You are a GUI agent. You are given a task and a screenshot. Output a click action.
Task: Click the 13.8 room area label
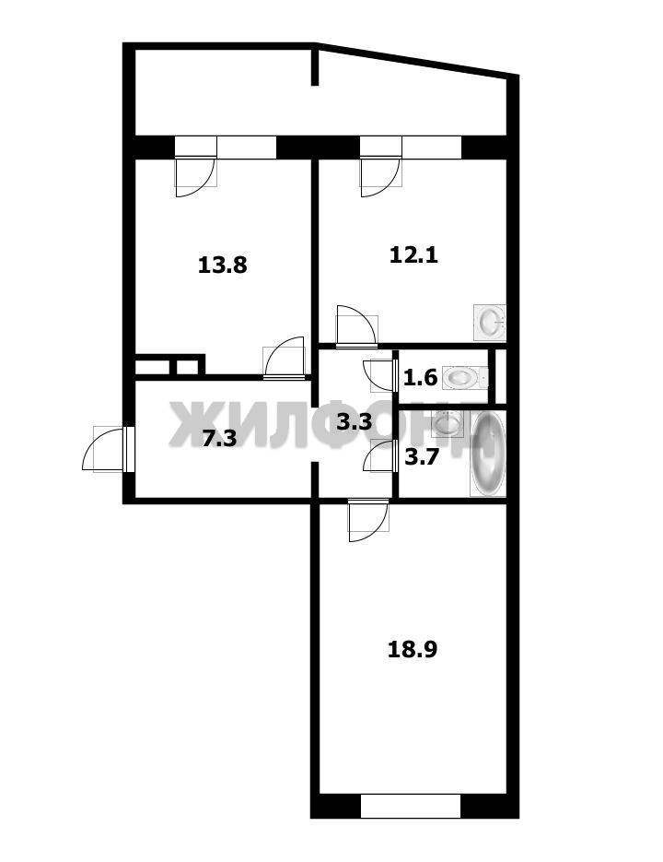(223, 266)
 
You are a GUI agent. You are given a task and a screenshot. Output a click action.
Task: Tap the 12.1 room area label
(413, 255)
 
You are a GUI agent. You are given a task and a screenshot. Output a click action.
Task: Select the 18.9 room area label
(413, 649)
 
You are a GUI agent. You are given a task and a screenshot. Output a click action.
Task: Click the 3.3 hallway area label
(355, 422)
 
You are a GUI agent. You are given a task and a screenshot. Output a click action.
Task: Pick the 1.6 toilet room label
(420, 378)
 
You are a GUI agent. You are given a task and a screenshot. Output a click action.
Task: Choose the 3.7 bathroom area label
(421, 457)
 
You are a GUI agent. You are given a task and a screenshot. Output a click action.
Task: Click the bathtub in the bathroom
(488, 455)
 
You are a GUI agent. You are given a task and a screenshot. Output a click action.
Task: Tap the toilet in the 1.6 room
(465, 378)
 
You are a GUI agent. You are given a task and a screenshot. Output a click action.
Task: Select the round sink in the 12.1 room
(489, 322)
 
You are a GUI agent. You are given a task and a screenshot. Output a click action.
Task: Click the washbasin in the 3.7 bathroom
(448, 423)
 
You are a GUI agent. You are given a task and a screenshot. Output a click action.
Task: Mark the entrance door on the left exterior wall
(109, 449)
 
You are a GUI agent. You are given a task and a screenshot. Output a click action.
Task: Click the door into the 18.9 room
(368, 520)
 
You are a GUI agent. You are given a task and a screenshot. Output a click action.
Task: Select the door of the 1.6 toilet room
(380, 376)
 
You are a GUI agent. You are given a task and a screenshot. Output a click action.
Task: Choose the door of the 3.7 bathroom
(380, 455)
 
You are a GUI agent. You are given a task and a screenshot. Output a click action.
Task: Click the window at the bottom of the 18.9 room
(411, 806)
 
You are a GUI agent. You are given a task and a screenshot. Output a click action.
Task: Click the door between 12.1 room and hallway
(357, 326)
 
